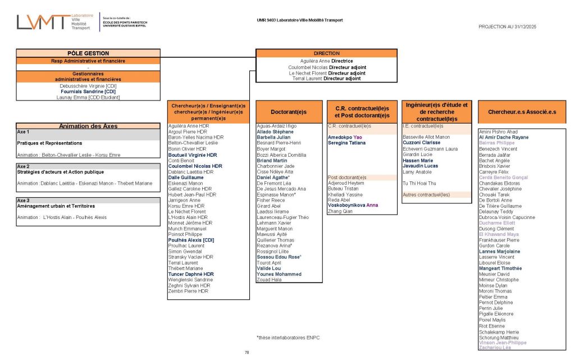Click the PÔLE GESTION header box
[89, 53]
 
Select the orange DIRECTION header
[326, 53]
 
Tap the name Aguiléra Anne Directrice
[326, 61]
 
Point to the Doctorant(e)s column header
[288, 112]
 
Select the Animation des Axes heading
[89, 126]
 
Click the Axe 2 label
[24, 167]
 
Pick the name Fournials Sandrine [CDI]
[89, 92]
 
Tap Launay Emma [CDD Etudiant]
[89, 98]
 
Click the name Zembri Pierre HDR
[188, 291]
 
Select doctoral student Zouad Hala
[269, 280]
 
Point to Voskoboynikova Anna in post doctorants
[353, 206]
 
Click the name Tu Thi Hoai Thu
[419, 183]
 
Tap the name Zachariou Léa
[495, 348]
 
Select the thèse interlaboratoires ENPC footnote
[285, 338]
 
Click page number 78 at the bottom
[247, 352]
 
